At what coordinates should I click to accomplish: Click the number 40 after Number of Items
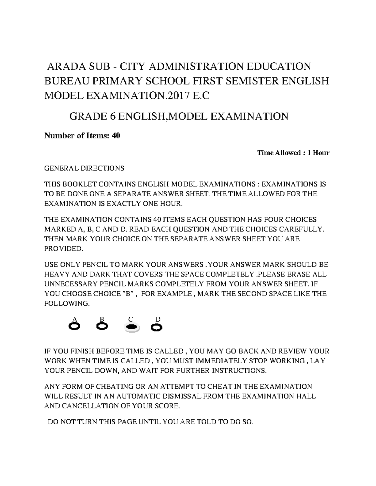[x=116, y=136]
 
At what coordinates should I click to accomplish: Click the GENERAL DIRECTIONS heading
[x=84, y=168]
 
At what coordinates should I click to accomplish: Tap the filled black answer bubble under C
[x=132, y=327]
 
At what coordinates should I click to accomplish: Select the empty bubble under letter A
[x=74, y=327]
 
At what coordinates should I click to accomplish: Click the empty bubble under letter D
[x=156, y=327]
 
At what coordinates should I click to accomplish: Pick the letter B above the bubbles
[x=102, y=319]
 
